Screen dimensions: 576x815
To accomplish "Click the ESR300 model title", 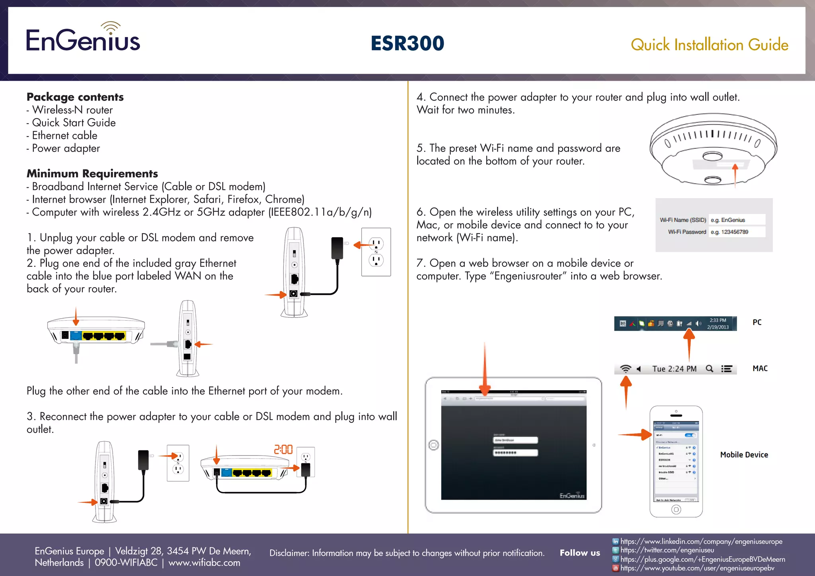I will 407,43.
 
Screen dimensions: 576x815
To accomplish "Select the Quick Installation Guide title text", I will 709,45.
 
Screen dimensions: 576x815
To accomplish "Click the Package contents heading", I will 75,97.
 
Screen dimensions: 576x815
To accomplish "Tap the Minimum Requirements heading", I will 92,173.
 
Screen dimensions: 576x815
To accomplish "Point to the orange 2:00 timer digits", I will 283,450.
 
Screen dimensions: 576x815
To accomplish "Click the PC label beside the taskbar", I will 757,322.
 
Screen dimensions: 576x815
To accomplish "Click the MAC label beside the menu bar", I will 760,368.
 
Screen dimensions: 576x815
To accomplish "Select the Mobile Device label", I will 744,455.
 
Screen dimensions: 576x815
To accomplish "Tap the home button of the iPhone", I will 676,509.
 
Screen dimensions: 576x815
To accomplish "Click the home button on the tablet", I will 434,445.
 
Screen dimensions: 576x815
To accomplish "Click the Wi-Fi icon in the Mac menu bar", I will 626,369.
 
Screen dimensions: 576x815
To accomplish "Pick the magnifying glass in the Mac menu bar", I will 709,369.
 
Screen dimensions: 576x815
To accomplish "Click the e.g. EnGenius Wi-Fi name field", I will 737,220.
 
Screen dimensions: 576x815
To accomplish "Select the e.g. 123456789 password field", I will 737,232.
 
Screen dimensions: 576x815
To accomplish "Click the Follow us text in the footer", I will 579,553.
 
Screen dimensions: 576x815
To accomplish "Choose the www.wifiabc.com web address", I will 204,562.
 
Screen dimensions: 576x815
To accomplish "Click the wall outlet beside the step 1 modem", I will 376,252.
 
